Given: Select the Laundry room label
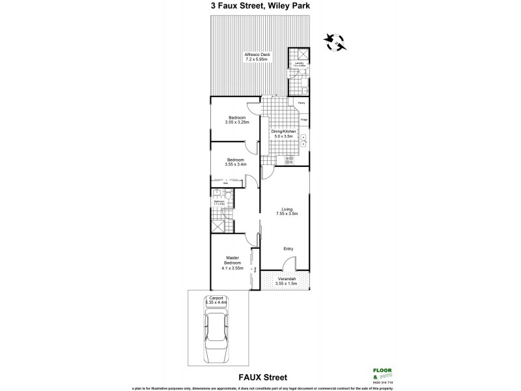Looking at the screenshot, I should (298, 63).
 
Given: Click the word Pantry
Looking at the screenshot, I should (302, 103).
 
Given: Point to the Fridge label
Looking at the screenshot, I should (303, 119).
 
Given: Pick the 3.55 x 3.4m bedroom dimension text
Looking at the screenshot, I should (235, 164).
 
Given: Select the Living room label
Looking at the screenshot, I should (284, 211).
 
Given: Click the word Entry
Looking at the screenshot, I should (289, 248).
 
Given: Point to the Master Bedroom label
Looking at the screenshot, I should (232, 262).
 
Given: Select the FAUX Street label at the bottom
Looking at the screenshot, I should (260, 377).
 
